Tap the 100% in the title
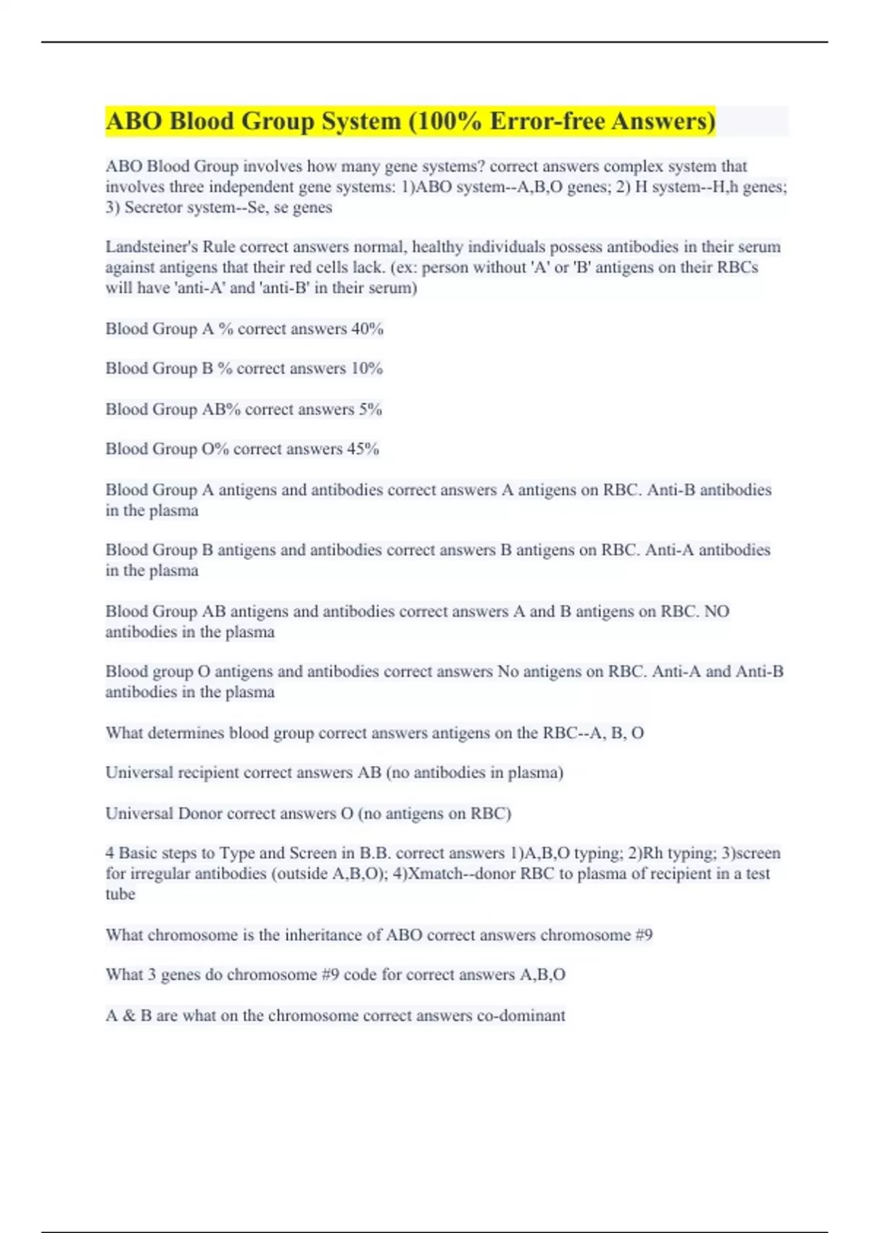[x=446, y=121]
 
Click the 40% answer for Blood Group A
[x=367, y=329]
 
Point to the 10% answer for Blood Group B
[x=366, y=368]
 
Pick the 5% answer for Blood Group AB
[x=370, y=409]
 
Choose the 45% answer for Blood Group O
[x=362, y=449]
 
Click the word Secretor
[x=153, y=207]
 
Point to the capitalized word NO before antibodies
[x=716, y=611]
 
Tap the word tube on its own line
[x=120, y=894]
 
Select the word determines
[x=186, y=733]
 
